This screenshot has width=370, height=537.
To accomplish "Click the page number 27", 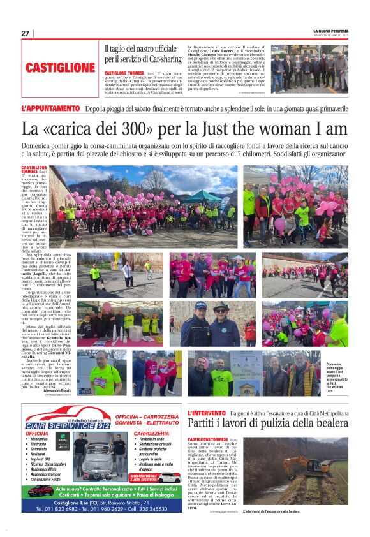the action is pos(26,33).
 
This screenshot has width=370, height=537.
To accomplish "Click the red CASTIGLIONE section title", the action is pos(61,68).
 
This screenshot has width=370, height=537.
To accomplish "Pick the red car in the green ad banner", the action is pos(169,477).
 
